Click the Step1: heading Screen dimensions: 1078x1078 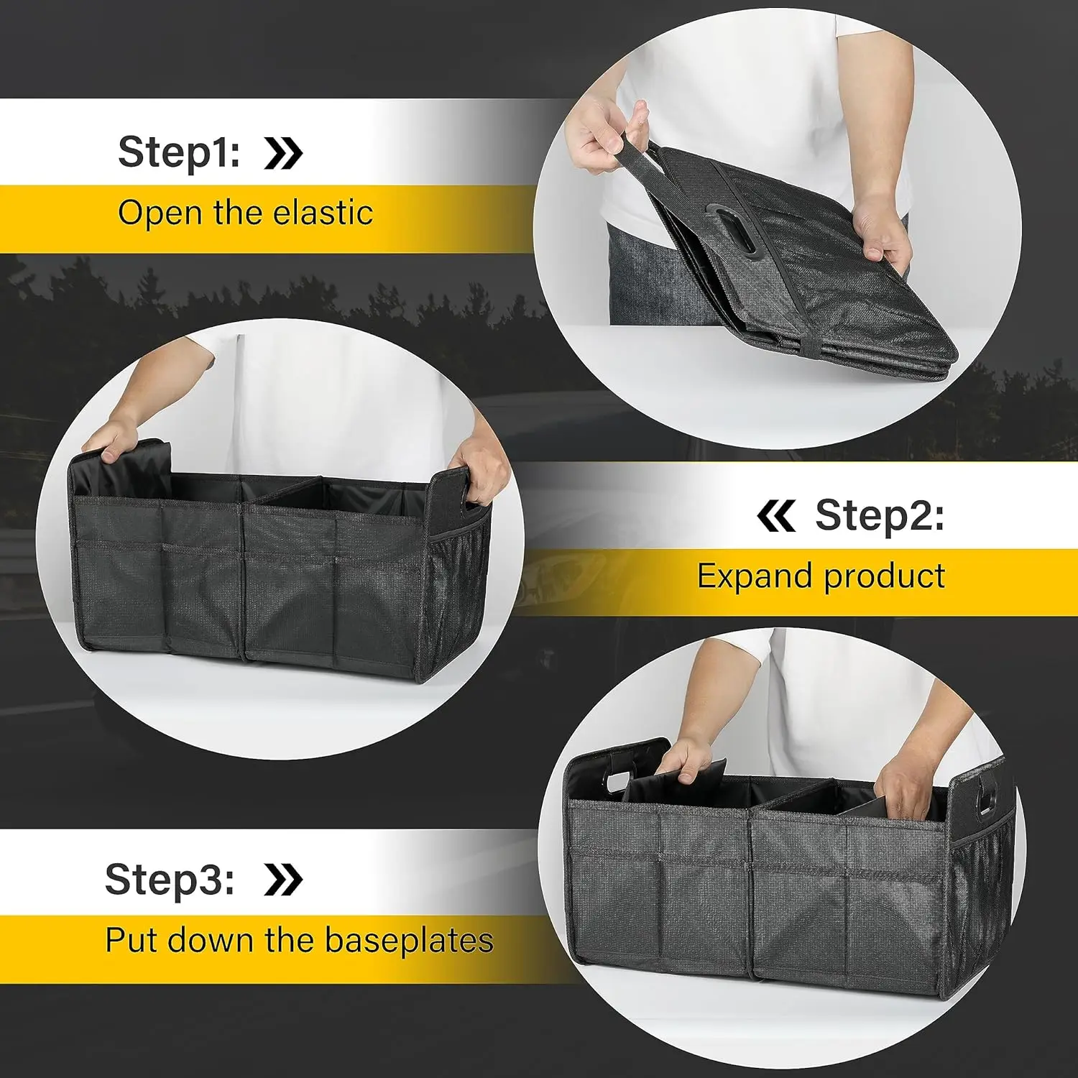point(179,152)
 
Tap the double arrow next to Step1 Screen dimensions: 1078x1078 point(283,152)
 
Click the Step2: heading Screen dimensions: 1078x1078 point(879,515)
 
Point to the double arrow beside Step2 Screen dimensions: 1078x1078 point(775,516)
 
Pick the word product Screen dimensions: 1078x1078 point(884,577)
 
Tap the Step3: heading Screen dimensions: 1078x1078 point(170,879)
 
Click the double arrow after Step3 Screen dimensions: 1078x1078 point(283,880)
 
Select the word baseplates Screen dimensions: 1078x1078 point(409,940)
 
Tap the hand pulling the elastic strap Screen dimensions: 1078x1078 point(604,137)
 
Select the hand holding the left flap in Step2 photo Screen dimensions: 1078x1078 point(115,438)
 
